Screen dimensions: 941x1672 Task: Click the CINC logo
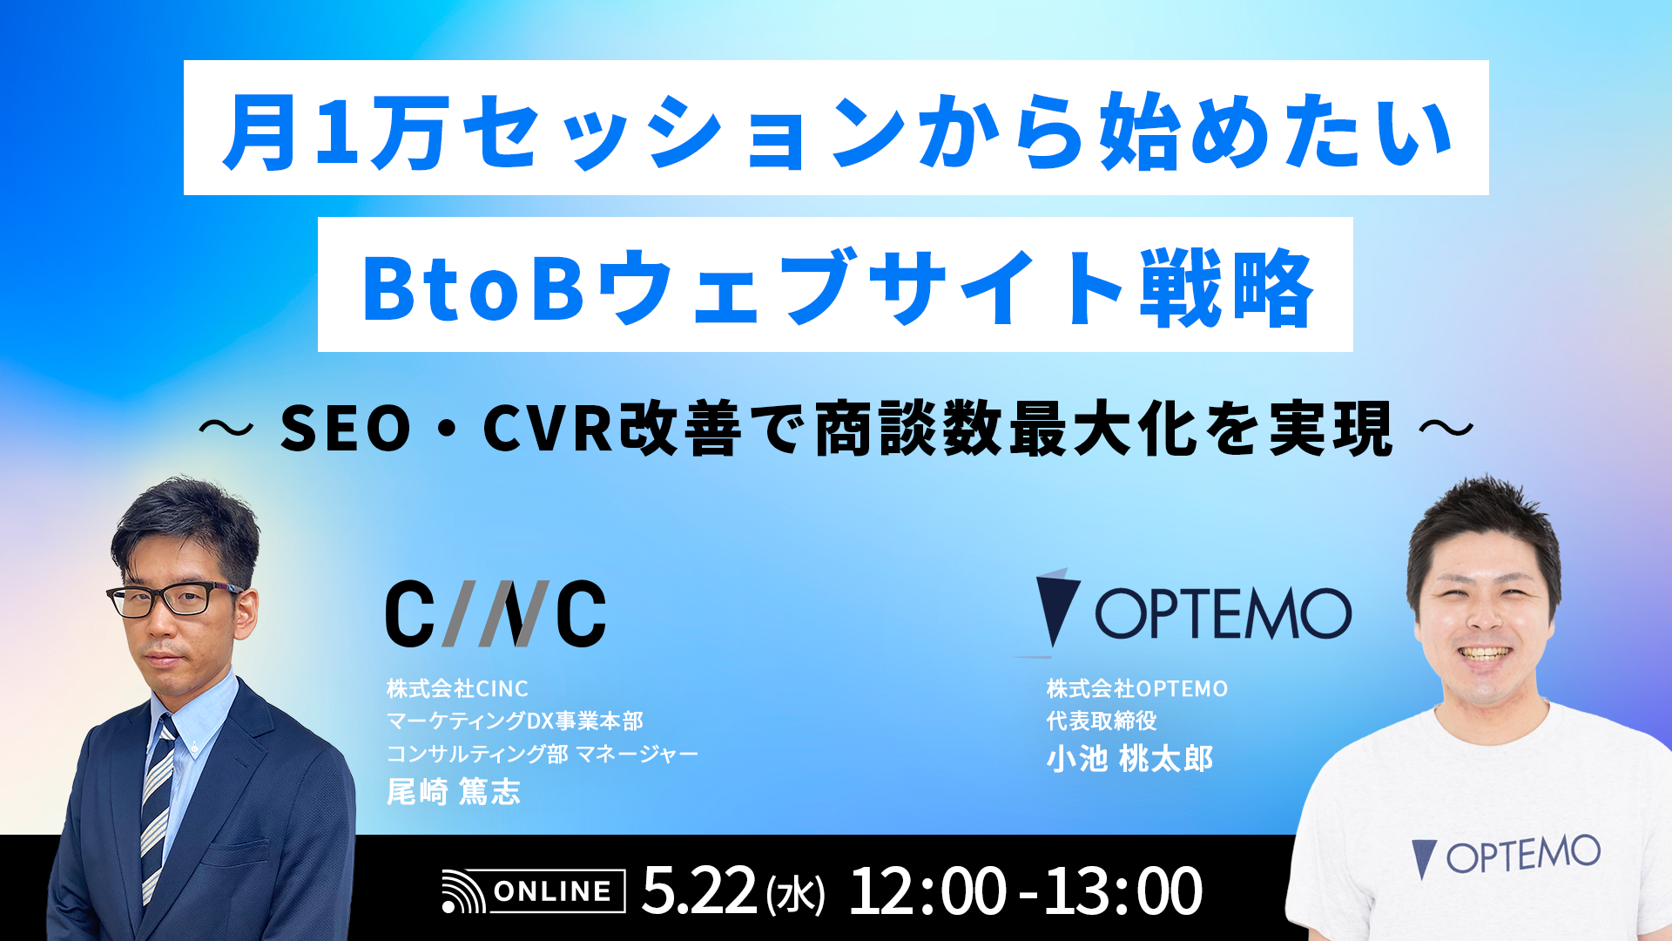tap(495, 613)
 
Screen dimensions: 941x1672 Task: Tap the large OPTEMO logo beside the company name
tap(1193, 613)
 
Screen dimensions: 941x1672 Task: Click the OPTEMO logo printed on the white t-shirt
tap(1506, 855)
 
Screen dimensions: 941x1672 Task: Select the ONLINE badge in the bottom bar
tap(534, 891)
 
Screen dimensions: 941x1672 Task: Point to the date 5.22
tap(698, 891)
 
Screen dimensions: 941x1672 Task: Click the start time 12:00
tap(927, 891)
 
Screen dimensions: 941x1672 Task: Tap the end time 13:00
tap(1123, 891)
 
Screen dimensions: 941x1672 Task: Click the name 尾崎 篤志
tap(453, 791)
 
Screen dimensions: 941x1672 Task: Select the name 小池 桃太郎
tap(1129, 759)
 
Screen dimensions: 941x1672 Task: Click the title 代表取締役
tap(1102, 721)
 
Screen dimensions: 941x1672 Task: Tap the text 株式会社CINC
tap(457, 688)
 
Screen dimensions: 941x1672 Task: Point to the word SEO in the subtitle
tap(345, 429)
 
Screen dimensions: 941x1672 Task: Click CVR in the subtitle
tap(548, 429)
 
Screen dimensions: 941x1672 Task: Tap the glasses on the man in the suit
tap(174, 599)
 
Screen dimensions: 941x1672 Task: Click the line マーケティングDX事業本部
tap(515, 721)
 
